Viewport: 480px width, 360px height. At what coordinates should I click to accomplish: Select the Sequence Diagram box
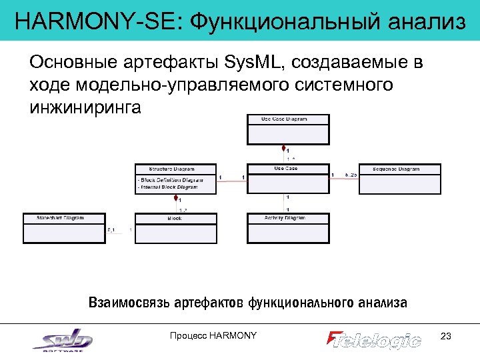(x=400, y=178)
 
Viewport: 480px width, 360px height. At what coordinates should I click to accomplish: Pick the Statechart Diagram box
(x=64, y=228)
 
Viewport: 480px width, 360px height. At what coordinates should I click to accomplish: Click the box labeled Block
(x=176, y=228)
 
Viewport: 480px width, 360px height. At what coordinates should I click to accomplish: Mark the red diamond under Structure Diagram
(x=176, y=197)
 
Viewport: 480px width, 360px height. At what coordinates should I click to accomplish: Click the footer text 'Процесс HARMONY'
(x=213, y=335)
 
